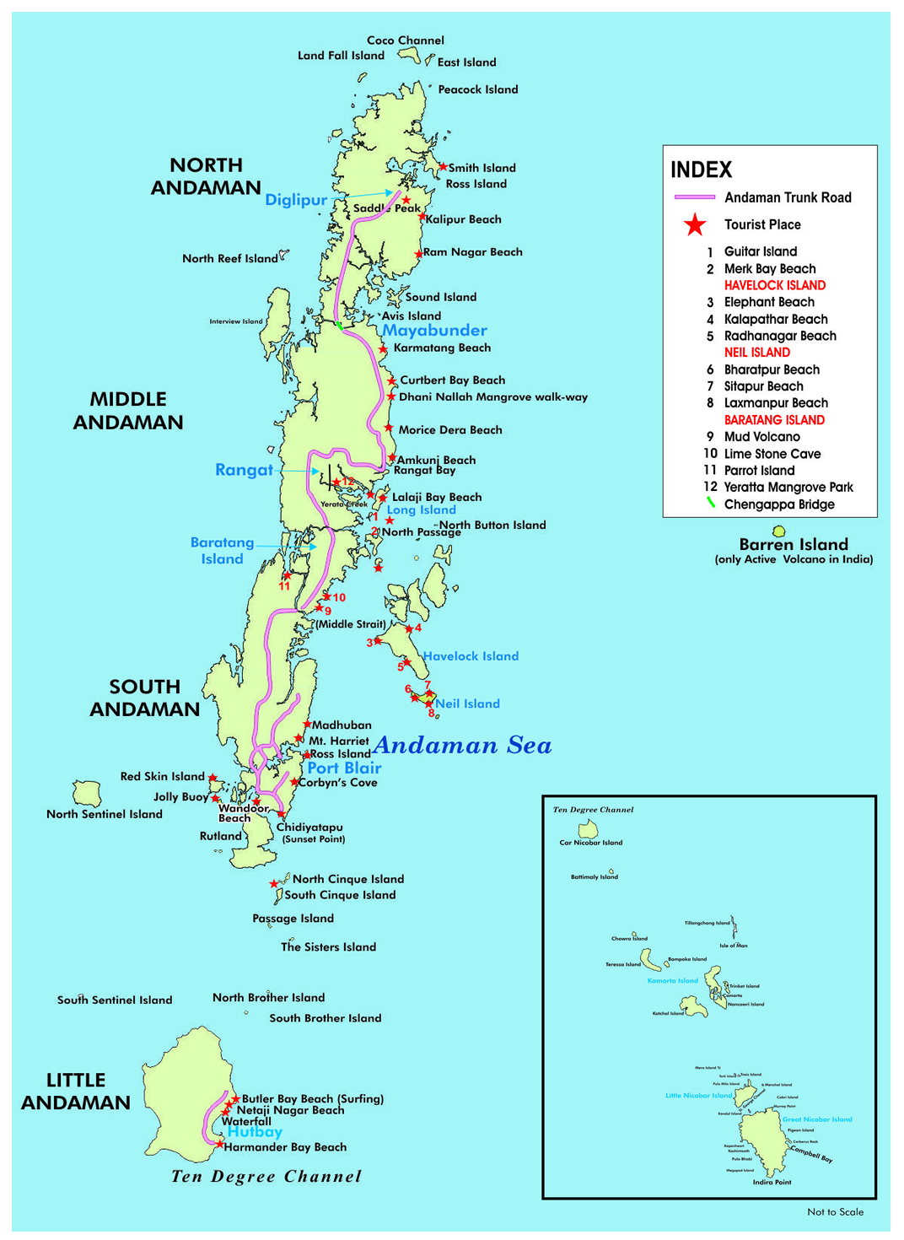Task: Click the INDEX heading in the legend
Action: coord(701,170)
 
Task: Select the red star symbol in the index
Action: coord(695,225)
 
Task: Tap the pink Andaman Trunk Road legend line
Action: coord(694,197)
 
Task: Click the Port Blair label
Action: coord(344,768)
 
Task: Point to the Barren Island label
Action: coord(793,545)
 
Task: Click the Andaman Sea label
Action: coord(462,746)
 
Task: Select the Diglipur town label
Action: coord(296,200)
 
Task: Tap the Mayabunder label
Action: coord(434,331)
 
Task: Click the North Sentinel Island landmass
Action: coord(87,793)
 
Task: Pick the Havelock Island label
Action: coord(471,656)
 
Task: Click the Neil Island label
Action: coord(467,704)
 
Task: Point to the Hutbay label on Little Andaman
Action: coord(255,1132)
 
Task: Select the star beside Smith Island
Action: coord(443,167)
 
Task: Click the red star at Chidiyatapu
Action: coord(281,814)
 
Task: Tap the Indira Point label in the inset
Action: coord(772,1182)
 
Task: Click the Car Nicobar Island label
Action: coord(590,843)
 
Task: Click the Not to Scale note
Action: coord(835,1212)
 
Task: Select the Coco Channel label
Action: coord(405,40)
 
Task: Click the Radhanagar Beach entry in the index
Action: coord(779,336)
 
